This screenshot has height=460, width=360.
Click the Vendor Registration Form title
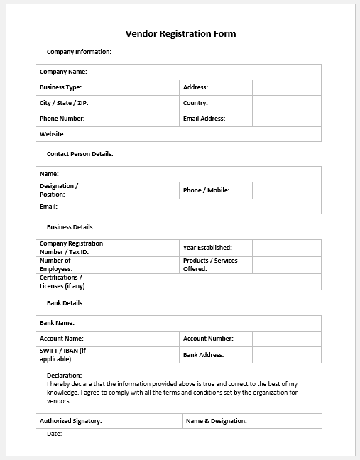[180, 33]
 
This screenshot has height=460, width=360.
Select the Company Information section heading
[79, 52]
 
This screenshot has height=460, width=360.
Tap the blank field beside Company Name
[214, 72]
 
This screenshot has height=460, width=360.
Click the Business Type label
[60, 87]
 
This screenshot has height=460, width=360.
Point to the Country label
[195, 103]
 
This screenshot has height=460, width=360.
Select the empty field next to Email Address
[286, 119]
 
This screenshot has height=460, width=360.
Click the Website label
[53, 134]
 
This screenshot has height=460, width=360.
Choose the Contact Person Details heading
[80, 154]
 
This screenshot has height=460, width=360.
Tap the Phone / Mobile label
[207, 190]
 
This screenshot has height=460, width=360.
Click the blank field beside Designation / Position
[143, 190]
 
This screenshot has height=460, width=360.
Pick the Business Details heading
[70, 227]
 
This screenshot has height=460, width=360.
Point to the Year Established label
[207, 248]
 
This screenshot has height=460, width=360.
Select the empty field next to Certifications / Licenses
[214, 282]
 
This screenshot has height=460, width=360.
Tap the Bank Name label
[58, 323]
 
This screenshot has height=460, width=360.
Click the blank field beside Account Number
[286, 339]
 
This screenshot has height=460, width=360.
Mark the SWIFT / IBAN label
[62, 354]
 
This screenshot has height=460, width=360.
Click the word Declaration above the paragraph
[64, 376]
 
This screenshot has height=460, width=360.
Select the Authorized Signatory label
[71, 421]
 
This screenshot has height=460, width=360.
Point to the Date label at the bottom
[54, 434]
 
